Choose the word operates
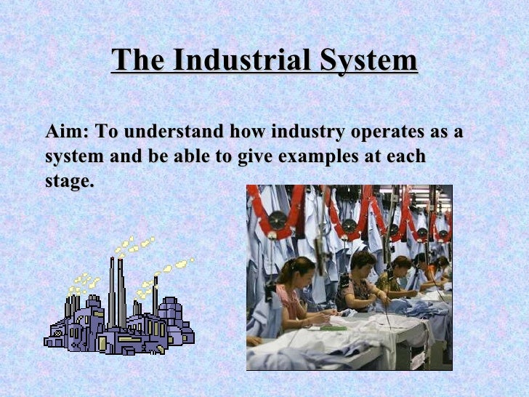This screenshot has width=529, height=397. point(388,133)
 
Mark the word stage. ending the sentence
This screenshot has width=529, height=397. point(69,180)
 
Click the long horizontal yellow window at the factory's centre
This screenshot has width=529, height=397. point(131,338)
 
